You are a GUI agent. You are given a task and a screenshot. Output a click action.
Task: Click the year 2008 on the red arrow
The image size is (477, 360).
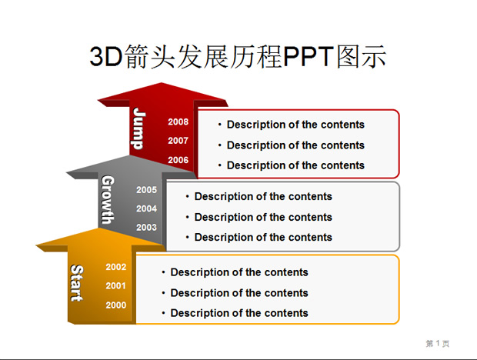pyautogui.click(x=178, y=122)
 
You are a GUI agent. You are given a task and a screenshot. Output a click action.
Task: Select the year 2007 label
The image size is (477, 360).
pyautogui.click(x=178, y=141)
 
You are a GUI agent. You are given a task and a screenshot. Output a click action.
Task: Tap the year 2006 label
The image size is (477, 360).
pyautogui.click(x=178, y=160)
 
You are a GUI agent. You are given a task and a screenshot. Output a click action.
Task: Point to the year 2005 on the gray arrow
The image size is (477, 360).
pyautogui.click(x=146, y=190)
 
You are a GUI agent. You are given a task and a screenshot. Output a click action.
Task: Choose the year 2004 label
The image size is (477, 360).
pyautogui.click(x=146, y=209)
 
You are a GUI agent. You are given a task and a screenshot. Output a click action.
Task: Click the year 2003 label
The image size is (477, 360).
pyautogui.click(x=146, y=228)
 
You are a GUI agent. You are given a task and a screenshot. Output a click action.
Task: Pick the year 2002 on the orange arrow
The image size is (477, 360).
pyautogui.click(x=116, y=267)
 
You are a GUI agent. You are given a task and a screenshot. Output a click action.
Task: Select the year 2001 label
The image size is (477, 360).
pyautogui.click(x=116, y=286)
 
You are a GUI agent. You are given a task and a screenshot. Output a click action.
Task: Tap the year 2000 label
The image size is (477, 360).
pyautogui.click(x=116, y=305)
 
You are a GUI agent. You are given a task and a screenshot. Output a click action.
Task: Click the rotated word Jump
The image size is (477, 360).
pyautogui.click(x=139, y=128)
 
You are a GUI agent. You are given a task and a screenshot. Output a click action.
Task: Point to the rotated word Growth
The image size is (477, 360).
pyautogui.click(x=108, y=199)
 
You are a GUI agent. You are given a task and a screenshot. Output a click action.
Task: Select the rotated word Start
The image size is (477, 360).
pyautogui.click(x=77, y=283)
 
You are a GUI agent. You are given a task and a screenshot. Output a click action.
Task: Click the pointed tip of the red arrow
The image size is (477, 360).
pyautogui.click(x=162, y=83)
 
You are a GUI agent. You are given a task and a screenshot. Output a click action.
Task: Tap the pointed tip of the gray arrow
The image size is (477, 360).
pyautogui.click(x=129, y=155)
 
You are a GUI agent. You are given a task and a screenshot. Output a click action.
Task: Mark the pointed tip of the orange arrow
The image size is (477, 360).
pyautogui.click(x=100, y=228)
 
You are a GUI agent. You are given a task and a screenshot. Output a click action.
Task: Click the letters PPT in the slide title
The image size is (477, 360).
pyautogui.click(x=309, y=57)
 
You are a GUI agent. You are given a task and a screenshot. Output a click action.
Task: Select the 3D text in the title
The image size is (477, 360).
pyautogui.click(x=106, y=57)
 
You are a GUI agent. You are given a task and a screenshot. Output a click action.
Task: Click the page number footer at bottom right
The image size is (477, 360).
pyautogui.click(x=438, y=344)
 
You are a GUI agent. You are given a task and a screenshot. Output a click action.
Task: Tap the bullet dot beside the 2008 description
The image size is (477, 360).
pyautogui.click(x=219, y=125)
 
